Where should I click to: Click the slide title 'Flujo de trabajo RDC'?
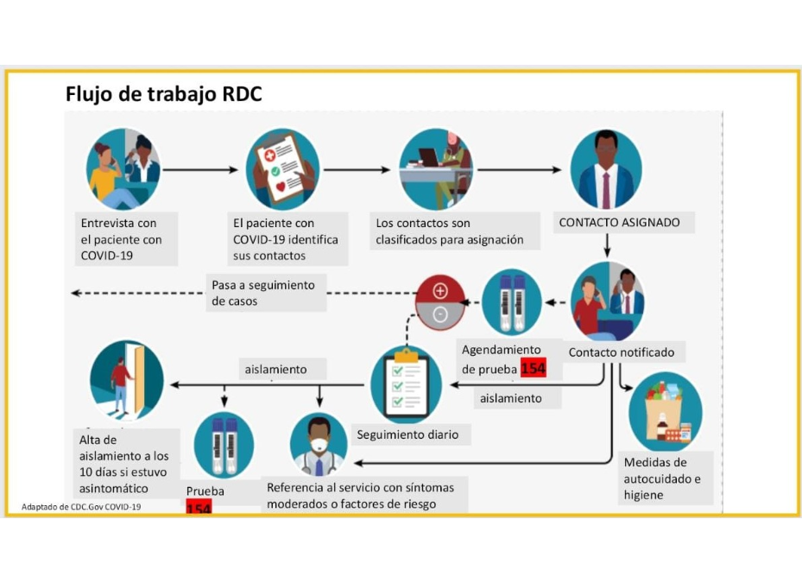tap(163, 94)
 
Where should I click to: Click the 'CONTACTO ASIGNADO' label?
tap(619, 223)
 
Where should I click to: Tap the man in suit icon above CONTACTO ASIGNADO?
tap(606, 169)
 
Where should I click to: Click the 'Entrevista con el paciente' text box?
tap(126, 239)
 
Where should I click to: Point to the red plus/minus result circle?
tap(440, 302)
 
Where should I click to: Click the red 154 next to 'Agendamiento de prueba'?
tap(534, 369)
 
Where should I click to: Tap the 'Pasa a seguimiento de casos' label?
tap(265, 293)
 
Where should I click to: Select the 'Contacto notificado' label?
tap(622, 352)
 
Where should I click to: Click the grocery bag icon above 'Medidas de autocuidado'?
tap(665, 412)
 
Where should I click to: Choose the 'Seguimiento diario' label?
tap(407, 434)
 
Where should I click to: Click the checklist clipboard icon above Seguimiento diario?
tap(406, 385)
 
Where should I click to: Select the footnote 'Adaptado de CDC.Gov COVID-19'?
tap(81, 507)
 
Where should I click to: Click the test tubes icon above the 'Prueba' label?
tap(224, 445)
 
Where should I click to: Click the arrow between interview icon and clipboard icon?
tap(200, 170)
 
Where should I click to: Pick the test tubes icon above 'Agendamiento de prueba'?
tap(511, 302)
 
